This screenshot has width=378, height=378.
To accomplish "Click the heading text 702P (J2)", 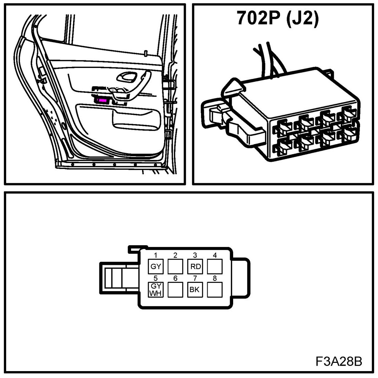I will point(277,19).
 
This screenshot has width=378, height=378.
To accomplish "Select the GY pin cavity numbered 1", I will point(155,267).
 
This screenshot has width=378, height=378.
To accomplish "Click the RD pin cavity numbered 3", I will point(195,267).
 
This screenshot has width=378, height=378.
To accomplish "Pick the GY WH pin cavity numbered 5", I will point(155,290).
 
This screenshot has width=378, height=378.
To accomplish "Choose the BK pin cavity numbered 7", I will point(195,290).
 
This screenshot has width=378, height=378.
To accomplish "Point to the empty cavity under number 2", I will point(175,267).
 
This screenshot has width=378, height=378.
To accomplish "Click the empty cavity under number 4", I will point(215,267).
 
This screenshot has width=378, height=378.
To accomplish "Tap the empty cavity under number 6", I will point(175,290).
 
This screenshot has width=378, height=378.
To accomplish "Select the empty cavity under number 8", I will point(215,290).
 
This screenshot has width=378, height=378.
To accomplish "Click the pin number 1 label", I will point(156,256).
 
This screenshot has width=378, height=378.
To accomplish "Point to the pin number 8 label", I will point(215,279).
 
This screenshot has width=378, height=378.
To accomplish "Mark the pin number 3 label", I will point(195,256).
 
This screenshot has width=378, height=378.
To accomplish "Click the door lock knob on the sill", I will point(146,53).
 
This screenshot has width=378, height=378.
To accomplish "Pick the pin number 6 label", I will point(175,279).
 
